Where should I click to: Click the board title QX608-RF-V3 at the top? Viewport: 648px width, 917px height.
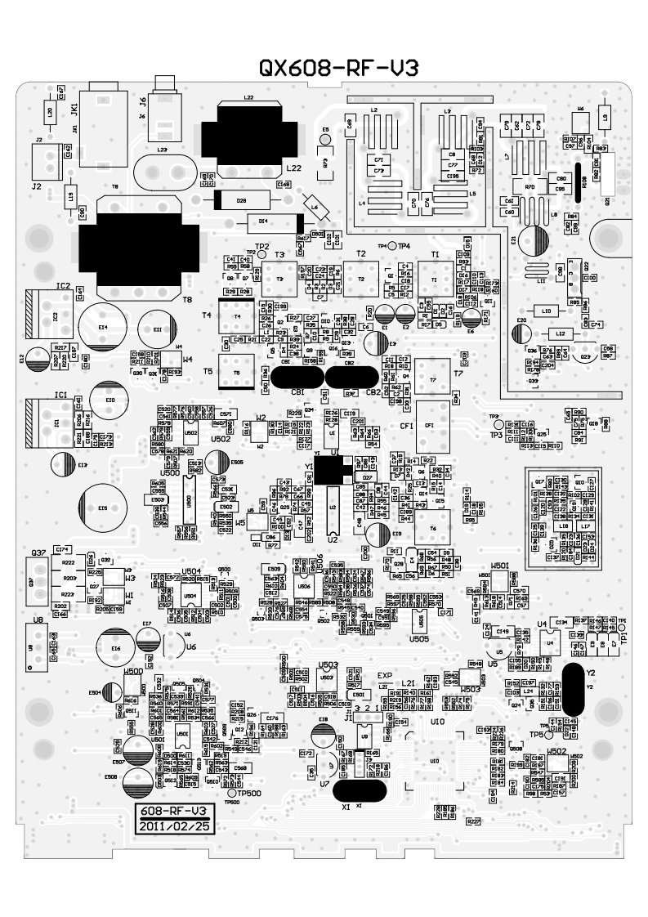[337, 69]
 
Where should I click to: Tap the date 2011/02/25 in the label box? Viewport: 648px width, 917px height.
[171, 825]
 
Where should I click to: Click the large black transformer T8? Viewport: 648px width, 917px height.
[140, 243]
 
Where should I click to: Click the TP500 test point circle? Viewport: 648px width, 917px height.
[231, 793]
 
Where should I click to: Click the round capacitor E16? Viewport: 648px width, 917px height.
[116, 647]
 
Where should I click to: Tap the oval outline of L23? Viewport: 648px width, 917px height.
[162, 172]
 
